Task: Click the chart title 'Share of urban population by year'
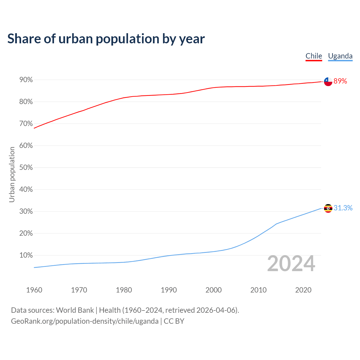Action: tap(106, 39)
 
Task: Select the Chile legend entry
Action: tap(314, 56)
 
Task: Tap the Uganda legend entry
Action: tap(340, 56)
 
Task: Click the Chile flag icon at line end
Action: tap(328, 82)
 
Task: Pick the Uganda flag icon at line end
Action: tap(328, 208)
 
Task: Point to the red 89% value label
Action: tap(340, 81)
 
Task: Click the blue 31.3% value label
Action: tap(343, 208)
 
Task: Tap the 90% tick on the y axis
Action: tap(26, 80)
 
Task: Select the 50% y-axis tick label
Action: tap(26, 168)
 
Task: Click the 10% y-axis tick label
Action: tap(26, 255)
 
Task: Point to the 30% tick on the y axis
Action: tap(26, 211)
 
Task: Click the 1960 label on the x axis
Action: tap(34, 290)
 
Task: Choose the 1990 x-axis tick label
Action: tap(169, 290)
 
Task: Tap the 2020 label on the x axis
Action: tap(303, 290)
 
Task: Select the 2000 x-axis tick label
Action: tap(213, 290)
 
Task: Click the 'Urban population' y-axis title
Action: tap(12, 174)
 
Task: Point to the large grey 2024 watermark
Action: tap(291, 264)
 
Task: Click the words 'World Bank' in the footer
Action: tap(75, 310)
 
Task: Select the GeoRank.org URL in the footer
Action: tap(85, 321)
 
